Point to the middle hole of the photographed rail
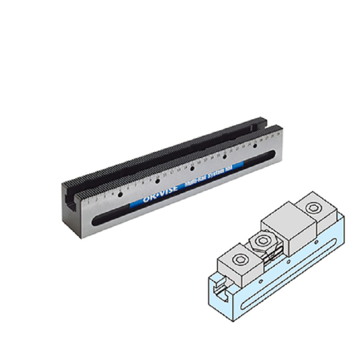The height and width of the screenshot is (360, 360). tap(192, 168)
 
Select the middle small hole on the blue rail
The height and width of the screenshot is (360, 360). tap(288, 268)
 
